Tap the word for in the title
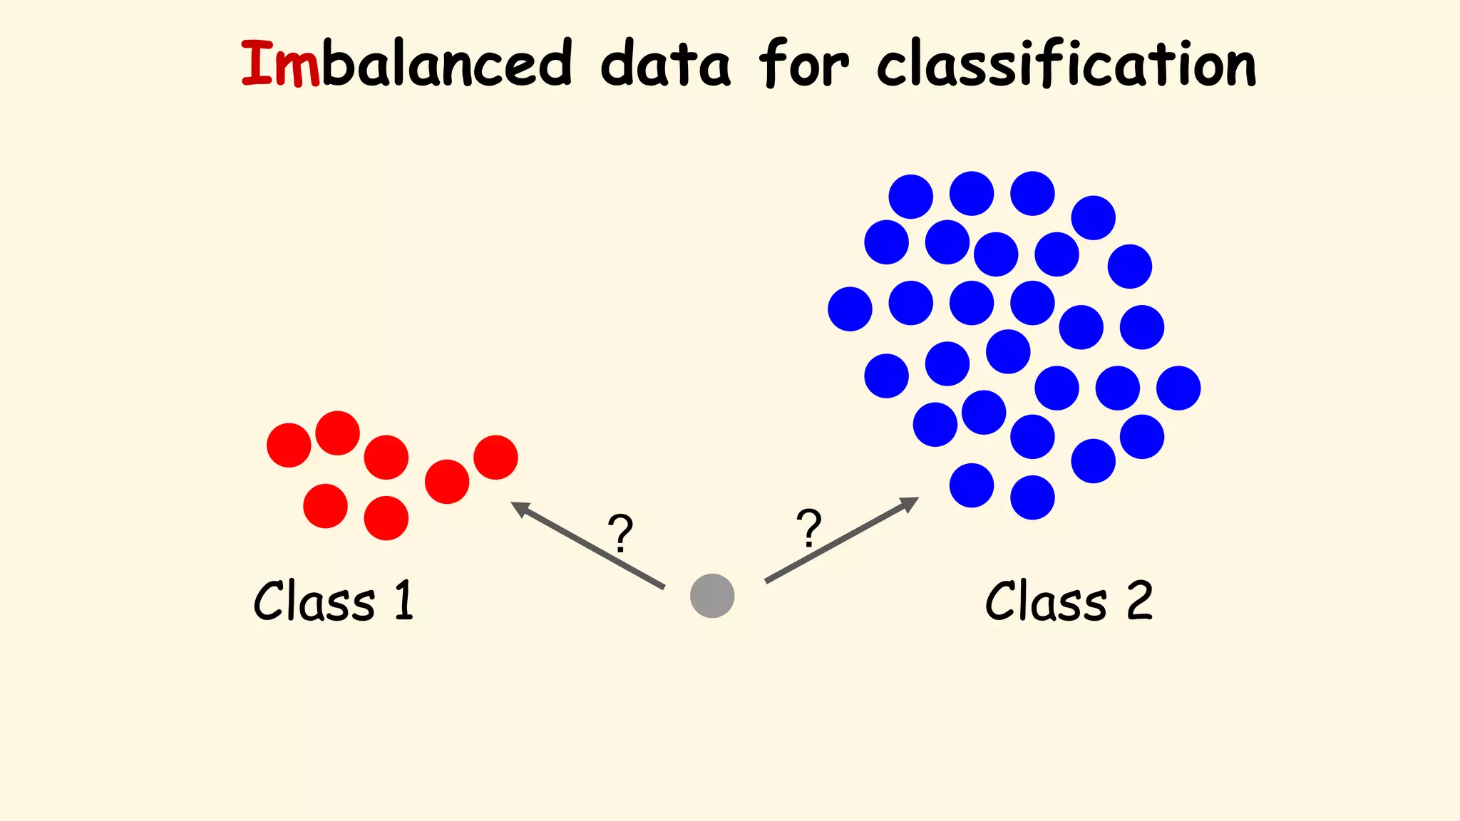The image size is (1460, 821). pyautogui.click(x=803, y=64)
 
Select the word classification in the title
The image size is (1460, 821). pyautogui.click(x=1066, y=64)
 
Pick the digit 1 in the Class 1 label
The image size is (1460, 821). pyautogui.click(x=404, y=600)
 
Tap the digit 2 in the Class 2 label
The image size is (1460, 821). pyautogui.click(x=1139, y=601)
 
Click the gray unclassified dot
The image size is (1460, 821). pyautogui.click(x=712, y=596)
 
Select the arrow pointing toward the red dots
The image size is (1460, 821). pyautogui.click(x=587, y=545)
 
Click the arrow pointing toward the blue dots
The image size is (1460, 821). pyautogui.click(x=841, y=540)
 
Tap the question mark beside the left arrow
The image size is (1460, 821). pyautogui.click(x=620, y=533)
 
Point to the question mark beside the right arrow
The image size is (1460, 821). pyautogui.click(x=809, y=528)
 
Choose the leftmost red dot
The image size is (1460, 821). pyautogui.click(x=289, y=445)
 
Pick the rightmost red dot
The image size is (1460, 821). pyautogui.click(x=495, y=458)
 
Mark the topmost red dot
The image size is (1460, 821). pyautogui.click(x=337, y=433)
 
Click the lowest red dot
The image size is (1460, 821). pyautogui.click(x=386, y=518)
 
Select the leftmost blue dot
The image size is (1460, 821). pyautogui.click(x=850, y=309)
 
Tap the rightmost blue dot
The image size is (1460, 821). pyautogui.click(x=1178, y=388)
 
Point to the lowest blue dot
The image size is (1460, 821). pyautogui.click(x=1032, y=497)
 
